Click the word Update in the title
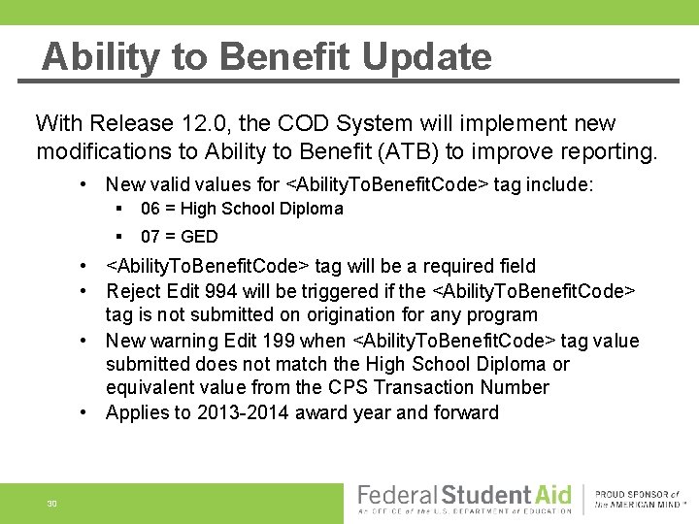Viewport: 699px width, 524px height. (x=426, y=56)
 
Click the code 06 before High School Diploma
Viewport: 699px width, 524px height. (x=150, y=209)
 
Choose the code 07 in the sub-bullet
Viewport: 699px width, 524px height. (x=150, y=236)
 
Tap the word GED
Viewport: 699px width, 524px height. (x=200, y=236)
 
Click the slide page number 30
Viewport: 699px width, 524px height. (x=51, y=504)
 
